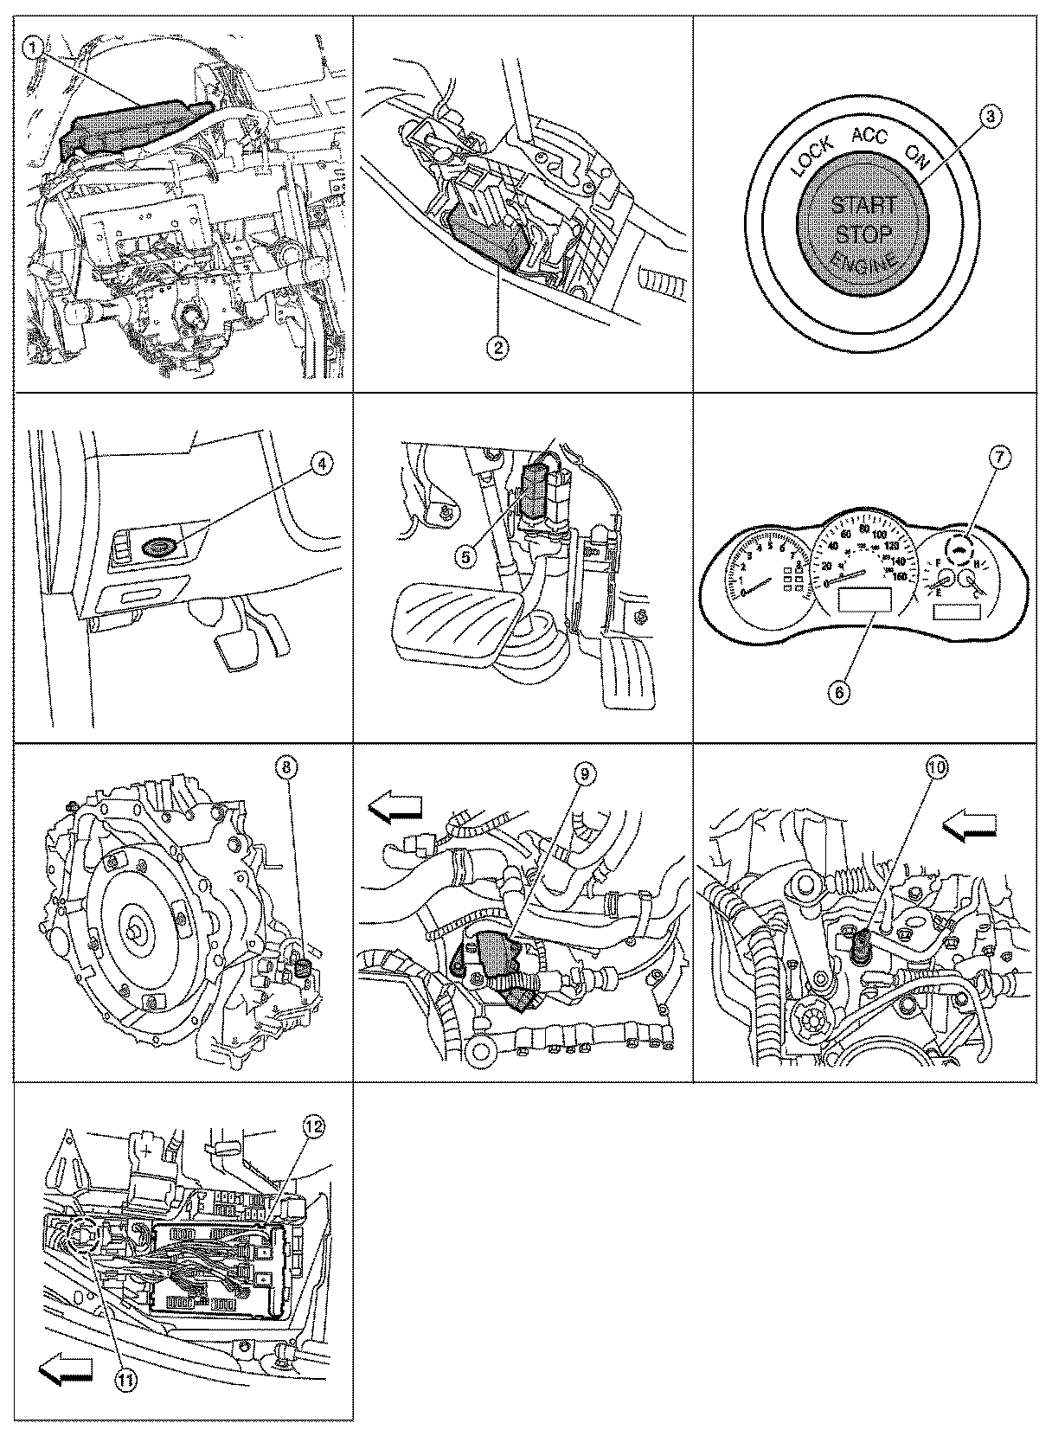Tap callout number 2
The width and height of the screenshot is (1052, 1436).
click(498, 348)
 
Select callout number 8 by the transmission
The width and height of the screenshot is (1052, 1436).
click(285, 766)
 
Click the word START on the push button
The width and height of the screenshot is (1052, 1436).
click(863, 206)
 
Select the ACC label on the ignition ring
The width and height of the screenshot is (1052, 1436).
click(869, 135)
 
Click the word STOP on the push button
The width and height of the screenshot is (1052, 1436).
click(863, 234)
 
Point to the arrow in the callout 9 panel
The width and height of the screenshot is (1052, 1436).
click(395, 808)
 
